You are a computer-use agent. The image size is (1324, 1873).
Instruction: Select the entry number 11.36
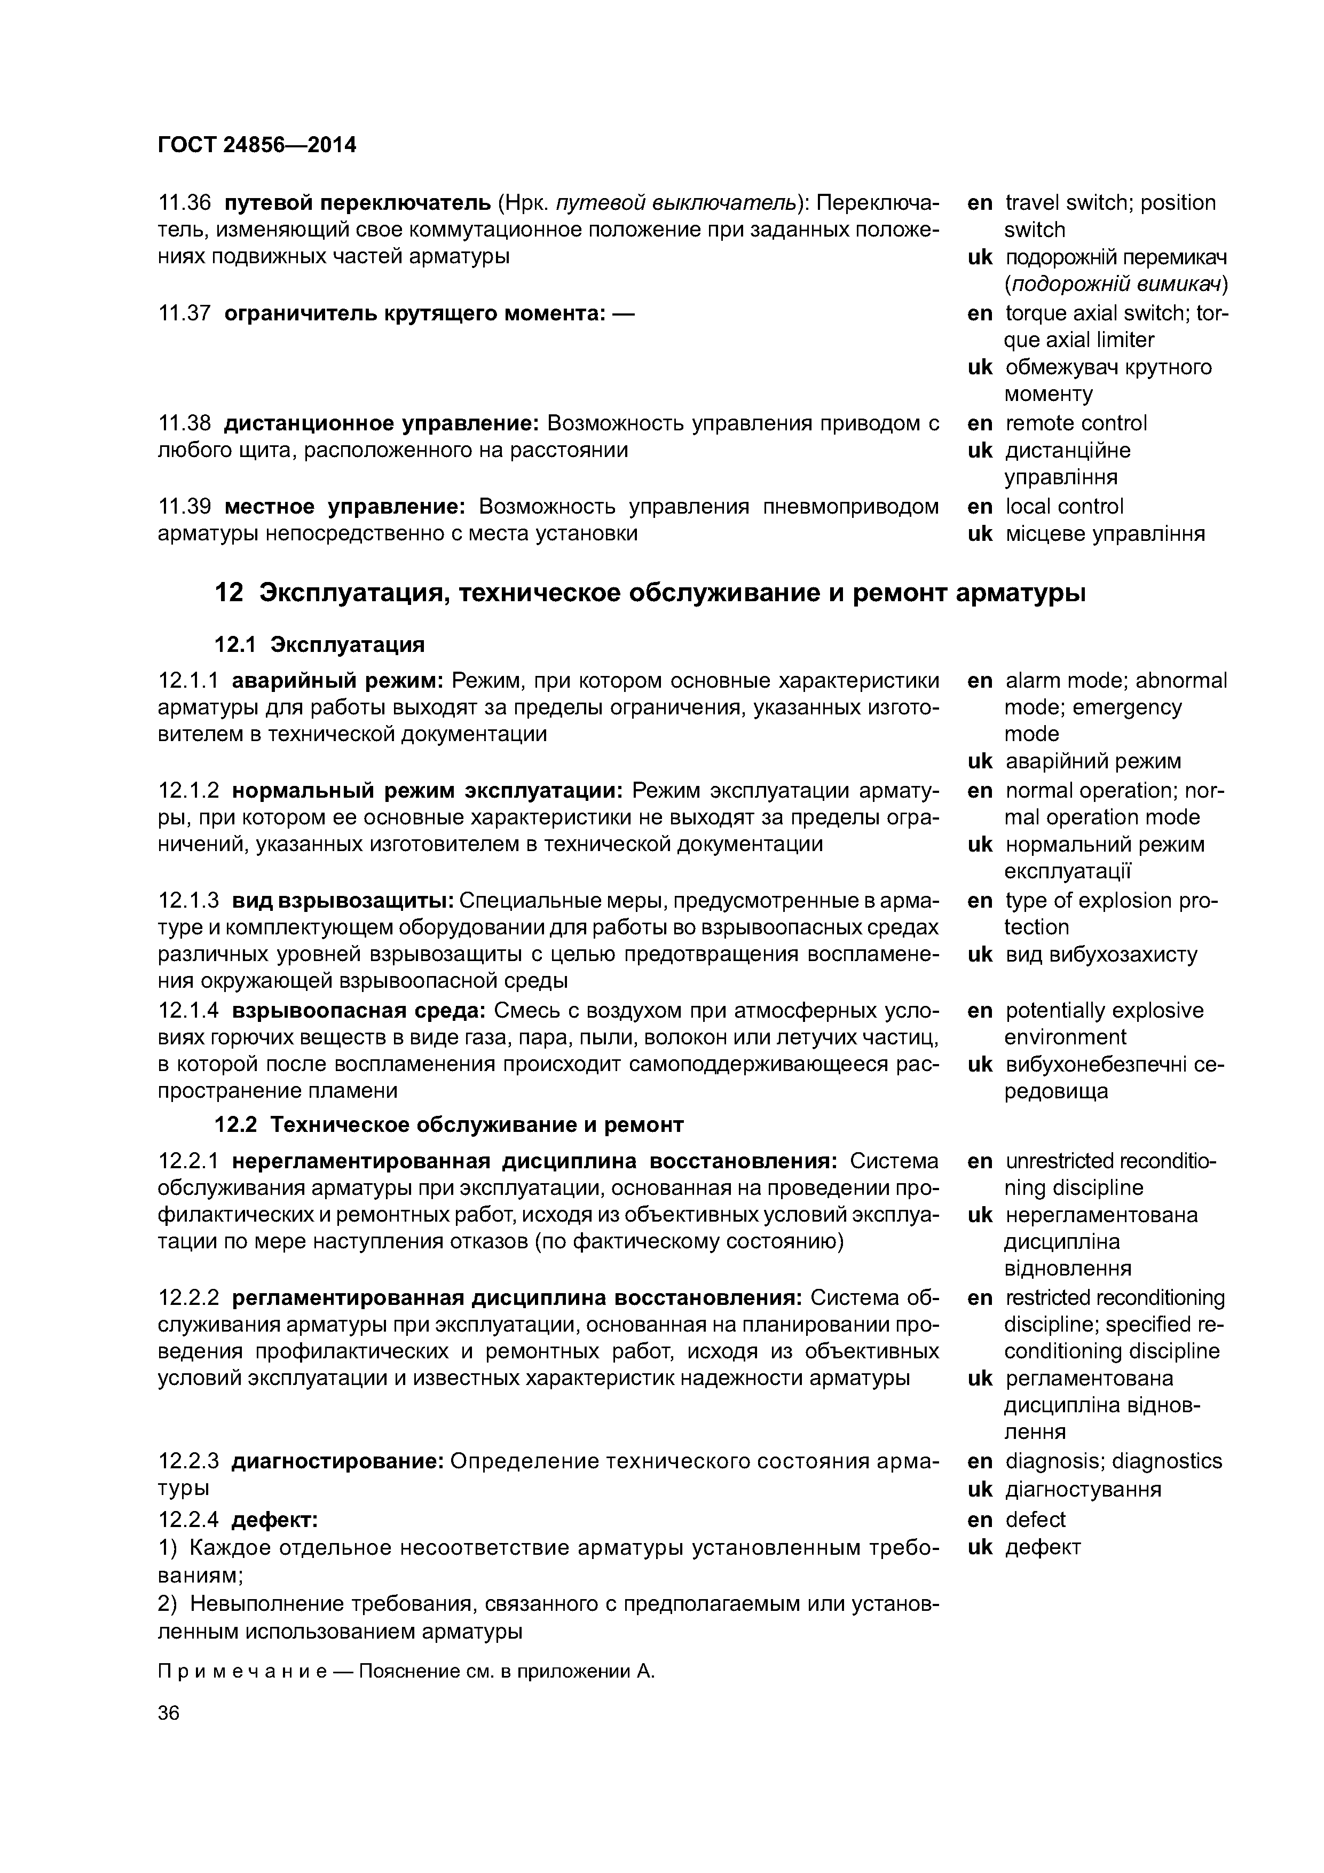point(184,202)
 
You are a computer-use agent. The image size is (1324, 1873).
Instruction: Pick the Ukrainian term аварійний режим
point(1092,761)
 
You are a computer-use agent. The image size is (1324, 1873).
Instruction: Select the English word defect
point(1035,1519)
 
